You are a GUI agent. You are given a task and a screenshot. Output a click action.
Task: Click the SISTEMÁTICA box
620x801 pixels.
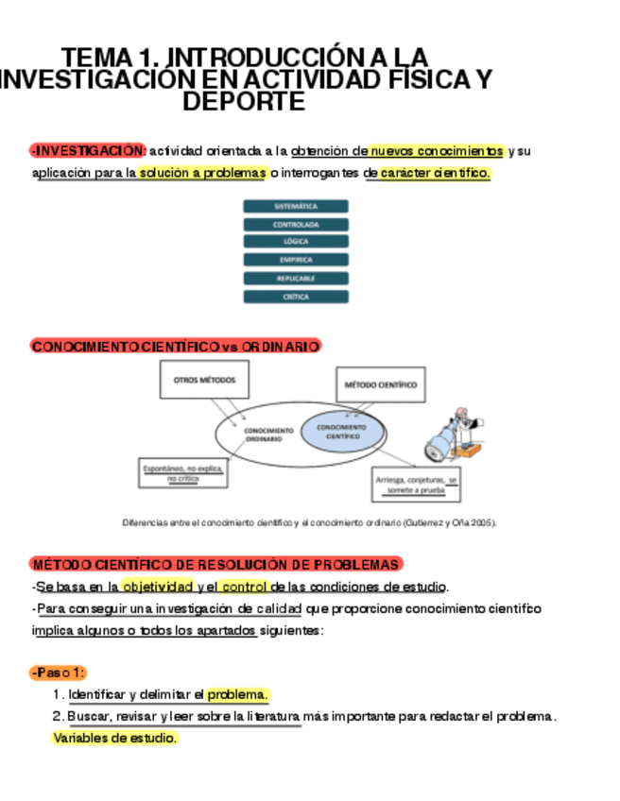pos(295,206)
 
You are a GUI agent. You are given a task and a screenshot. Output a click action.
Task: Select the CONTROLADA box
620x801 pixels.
pos(295,225)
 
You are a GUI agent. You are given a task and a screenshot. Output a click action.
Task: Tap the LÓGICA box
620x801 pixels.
pos(295,242)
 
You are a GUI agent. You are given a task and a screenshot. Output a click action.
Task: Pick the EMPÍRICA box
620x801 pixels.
pos(295,260)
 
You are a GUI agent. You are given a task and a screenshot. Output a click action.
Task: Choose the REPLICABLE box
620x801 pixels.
pos(295,279)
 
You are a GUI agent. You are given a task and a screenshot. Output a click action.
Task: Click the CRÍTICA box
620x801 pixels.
pos(295,297)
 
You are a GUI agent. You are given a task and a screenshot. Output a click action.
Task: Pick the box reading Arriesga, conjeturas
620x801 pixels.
pos(417,485)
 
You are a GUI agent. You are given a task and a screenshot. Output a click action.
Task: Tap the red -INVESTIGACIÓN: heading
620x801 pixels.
pos(87,151)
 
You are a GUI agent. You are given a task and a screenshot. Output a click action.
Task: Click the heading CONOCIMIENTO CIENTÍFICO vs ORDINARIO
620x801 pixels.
pos(175,347)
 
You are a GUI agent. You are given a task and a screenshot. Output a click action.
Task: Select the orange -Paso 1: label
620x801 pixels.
pos(59,672)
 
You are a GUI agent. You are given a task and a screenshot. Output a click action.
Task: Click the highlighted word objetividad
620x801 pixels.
pos(158,586)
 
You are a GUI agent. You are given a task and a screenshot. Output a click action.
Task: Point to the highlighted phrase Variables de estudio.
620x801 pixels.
pos(114,739)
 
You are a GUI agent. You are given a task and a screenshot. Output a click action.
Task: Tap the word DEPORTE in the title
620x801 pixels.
pos(244,101)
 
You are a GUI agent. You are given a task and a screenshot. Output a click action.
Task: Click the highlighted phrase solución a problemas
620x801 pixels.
pos(202,174)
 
